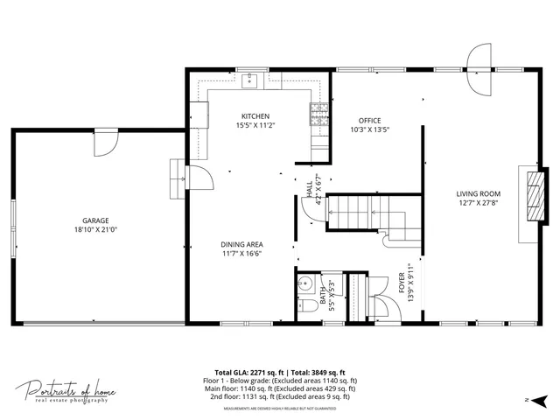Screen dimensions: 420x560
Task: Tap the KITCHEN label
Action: [x=255, y=116]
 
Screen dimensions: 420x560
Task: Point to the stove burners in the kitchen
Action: [x=317, y=112]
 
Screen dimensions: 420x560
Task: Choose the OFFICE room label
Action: [x=368, y=121]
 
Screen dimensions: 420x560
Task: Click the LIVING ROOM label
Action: [x=478, y=193]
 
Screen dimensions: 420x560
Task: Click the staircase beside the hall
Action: [x=359, y=213]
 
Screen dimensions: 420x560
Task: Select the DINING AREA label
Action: [x=242, y=244]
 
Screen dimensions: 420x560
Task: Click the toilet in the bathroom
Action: [x=305, y=307]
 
